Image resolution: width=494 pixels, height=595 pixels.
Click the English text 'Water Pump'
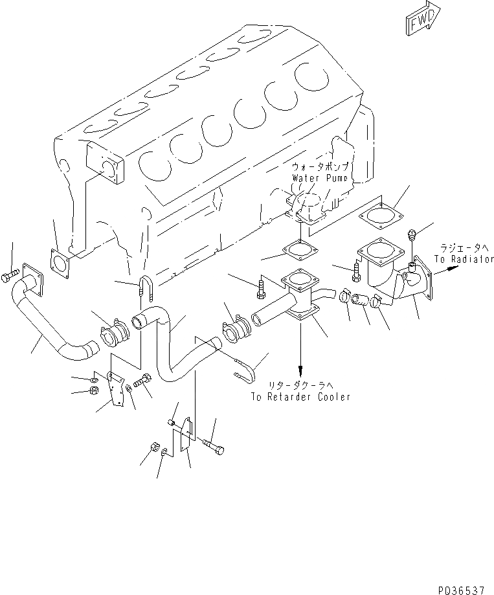(x=319, y=177)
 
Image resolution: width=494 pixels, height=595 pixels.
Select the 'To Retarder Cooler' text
(x=301, y=397)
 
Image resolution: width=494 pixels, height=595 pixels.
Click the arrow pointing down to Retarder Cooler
(x=300, y=363)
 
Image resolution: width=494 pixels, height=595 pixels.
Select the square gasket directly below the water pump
(x=298, y=250)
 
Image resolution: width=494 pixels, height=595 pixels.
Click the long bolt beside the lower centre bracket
(x=214, y=445)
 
